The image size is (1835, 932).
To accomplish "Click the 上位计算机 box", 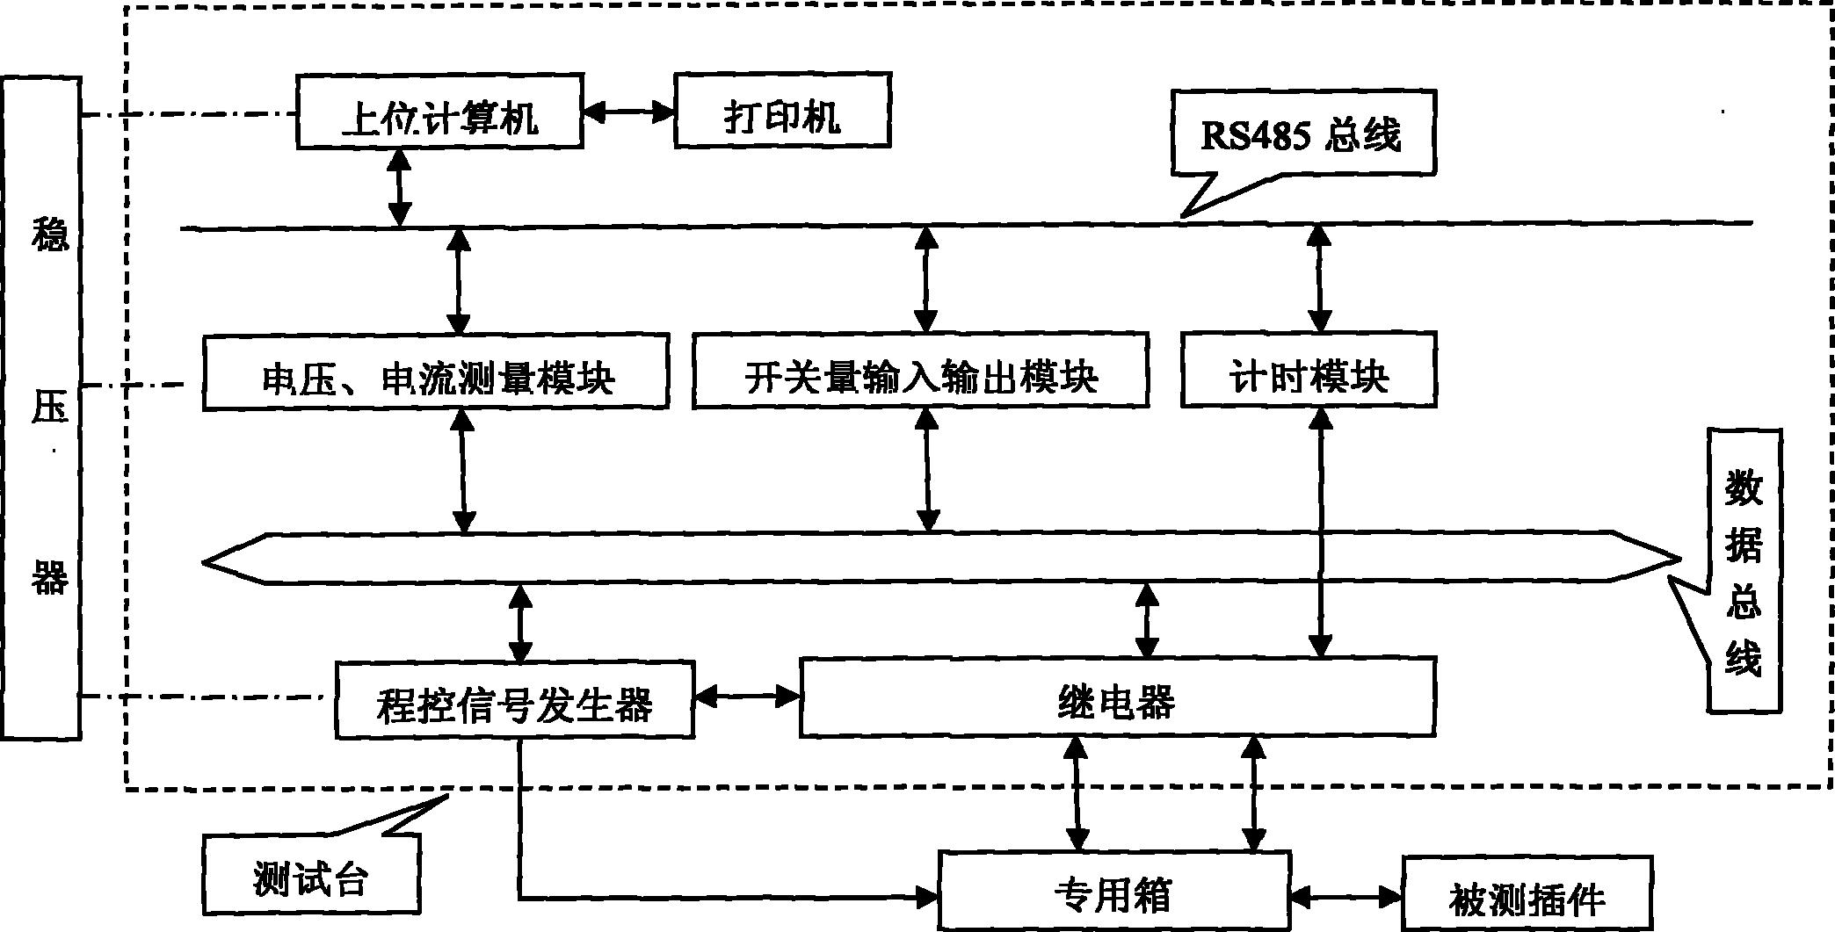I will (x=439, y=112).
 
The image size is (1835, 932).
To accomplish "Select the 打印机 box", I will (x=782, y=111).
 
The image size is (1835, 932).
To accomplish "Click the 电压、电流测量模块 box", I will (x=435, y=372).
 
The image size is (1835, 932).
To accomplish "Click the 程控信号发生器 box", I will (x=514, y=700).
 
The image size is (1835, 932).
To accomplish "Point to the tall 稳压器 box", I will (x=42, y=408).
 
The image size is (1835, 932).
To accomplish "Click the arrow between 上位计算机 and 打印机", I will (x=628, y=112).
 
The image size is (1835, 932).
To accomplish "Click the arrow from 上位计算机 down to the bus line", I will (x=400, y=187).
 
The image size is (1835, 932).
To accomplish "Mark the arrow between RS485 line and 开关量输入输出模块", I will (x=925, y=278).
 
